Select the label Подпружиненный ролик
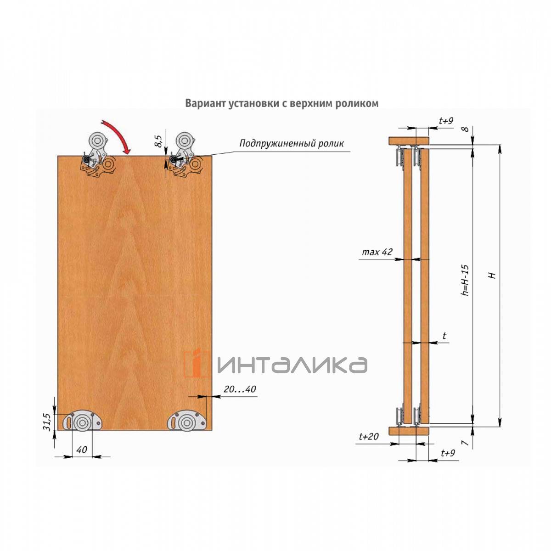click(292, 143)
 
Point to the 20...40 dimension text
click(240, 389)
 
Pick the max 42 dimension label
click(377, 252)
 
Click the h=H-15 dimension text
click(466, 280)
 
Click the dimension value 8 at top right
click(466, 129)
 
